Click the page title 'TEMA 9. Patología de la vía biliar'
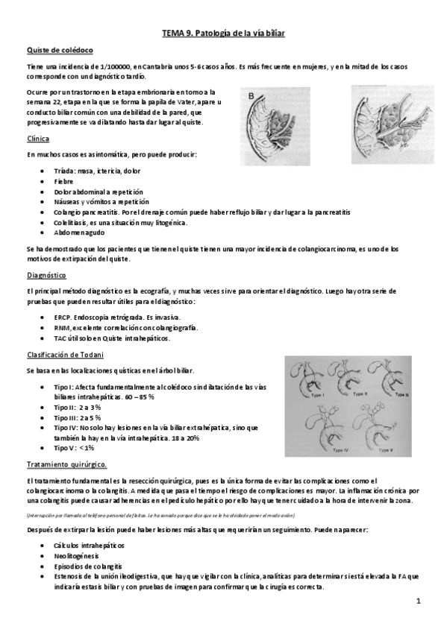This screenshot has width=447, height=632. [x=223, y=34]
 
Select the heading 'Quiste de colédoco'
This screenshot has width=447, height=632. [x=59, y=50]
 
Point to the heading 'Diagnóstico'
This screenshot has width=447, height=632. [x=46, y=275]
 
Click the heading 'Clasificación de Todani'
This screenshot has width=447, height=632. [x=65, y=355]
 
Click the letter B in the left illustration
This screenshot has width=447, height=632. [x=251, y=95]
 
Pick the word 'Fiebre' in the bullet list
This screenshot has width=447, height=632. [x=64, y=181]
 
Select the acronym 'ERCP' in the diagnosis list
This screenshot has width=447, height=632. [x=63, y=317]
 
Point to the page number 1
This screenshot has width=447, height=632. [x=419, y=601]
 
